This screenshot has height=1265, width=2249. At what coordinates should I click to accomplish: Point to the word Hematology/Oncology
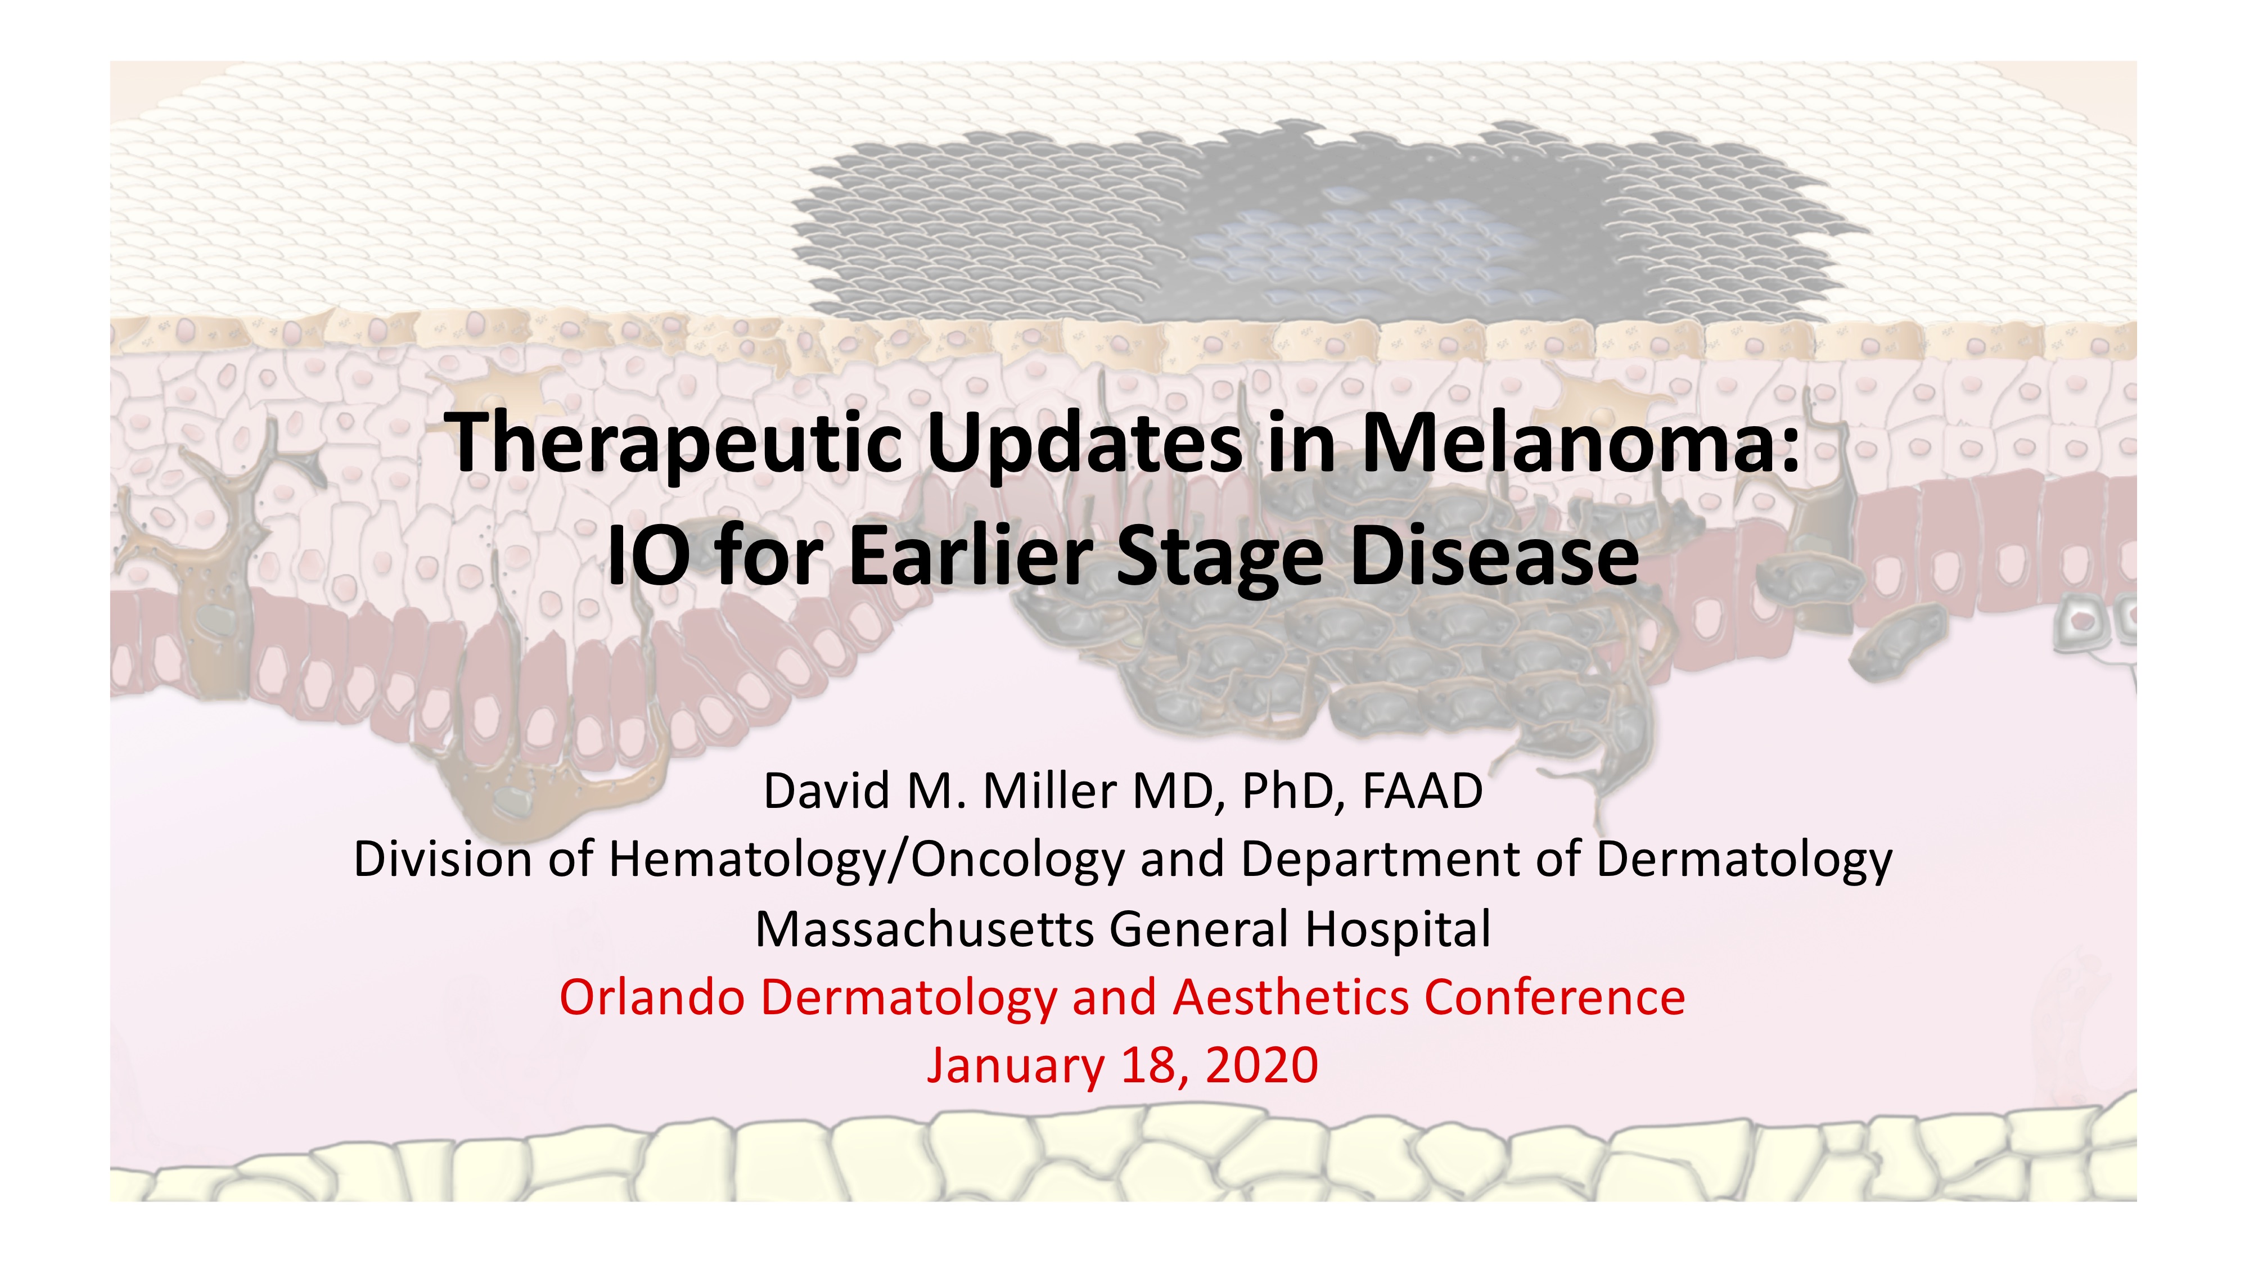click(x=867, y=861)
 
